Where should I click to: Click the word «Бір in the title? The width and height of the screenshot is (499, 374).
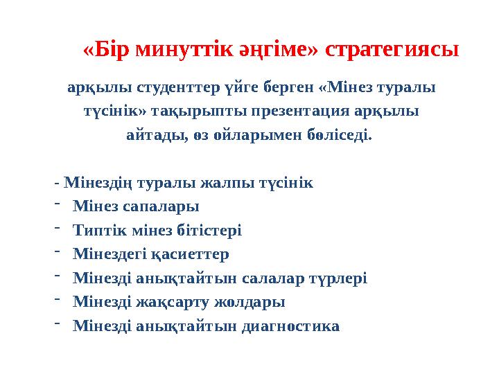107,49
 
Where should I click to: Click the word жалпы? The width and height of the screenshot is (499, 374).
221,184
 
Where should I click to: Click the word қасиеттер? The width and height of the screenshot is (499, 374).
195,254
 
